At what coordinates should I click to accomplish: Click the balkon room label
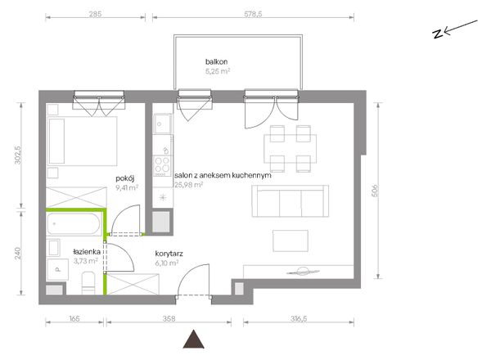coord(216,61)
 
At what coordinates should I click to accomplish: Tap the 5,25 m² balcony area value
coord(218,71)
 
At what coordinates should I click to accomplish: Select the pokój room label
coord(125,178)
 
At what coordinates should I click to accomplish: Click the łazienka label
coord(87,252)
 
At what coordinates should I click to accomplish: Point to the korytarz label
coord(169,254)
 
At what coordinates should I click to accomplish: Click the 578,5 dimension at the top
coord(253,14)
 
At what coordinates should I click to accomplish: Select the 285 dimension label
coord(95,14)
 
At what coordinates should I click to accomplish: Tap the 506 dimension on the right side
coord(375,191)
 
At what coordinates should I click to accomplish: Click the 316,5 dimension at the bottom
coord(299,318)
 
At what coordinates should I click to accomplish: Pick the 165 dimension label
coord(74,318)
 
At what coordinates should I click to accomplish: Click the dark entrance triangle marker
coord(194,340)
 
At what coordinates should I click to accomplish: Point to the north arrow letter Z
coord(438,34)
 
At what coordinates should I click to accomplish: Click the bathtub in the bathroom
coord(74,224)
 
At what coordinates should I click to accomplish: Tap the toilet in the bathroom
coord(88,282)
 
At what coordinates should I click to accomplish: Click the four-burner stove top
coord(163,165)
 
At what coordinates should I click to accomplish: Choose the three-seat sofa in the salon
coord(291,201)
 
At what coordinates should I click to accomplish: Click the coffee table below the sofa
coord(291,241)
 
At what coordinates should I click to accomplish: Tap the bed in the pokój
coord(82,142)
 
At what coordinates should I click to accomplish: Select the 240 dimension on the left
coord(18,253)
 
